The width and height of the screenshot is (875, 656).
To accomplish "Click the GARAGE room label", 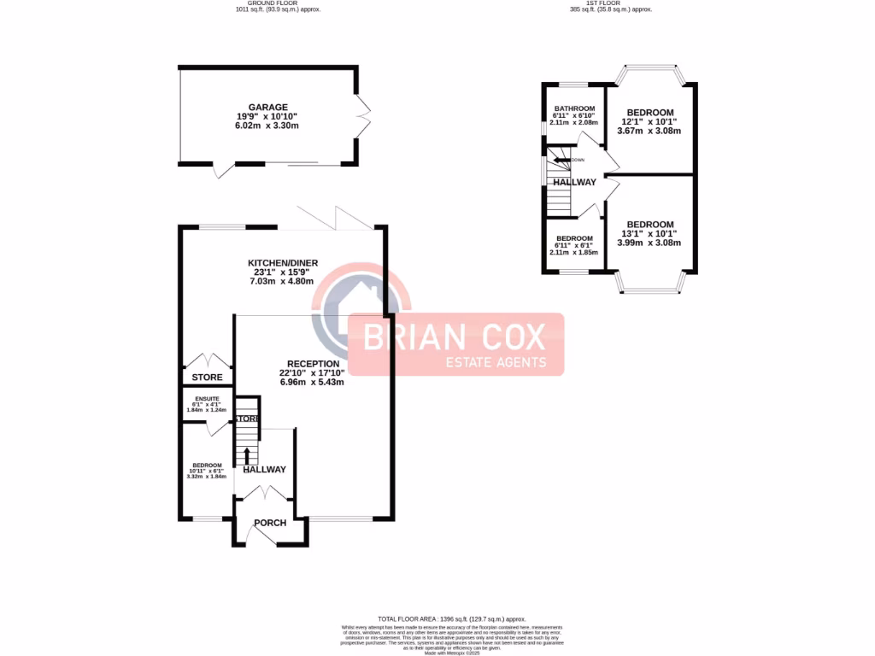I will [x=267, y=108].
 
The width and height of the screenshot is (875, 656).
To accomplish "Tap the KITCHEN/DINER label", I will [x=281, y=263].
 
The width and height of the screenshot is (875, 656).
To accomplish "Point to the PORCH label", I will [x=270, y=523].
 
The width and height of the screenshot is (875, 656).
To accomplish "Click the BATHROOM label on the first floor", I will [x=573, y=109].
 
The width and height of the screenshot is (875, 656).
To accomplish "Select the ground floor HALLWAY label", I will [x=264, y=470].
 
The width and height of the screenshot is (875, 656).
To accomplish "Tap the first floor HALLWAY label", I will [x=574, y=182].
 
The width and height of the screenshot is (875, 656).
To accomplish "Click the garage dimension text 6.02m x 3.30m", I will [x=267, y=126].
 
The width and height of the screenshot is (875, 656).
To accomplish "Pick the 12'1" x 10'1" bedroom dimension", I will [x=649, y=122].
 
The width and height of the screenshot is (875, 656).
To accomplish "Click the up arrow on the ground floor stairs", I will [x=247, y=453].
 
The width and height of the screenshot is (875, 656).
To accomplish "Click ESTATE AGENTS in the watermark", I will [x=497, y=362].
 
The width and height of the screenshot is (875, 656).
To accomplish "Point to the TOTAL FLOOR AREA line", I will [x=451, y=618].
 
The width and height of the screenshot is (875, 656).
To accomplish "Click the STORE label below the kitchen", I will [x=207, y=378].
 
